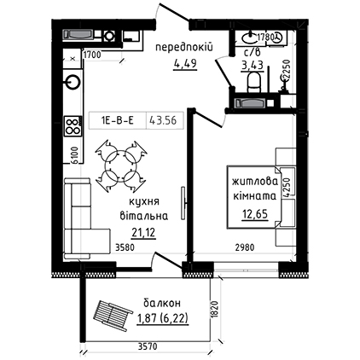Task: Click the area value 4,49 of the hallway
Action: coord(185,64)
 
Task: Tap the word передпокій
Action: coord(184,47)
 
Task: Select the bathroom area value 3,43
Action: coord(253,66)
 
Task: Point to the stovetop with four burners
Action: coord(73,126)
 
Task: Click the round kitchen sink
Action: coord(73,82)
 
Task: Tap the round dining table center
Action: coord(121,165)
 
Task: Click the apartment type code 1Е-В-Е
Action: coord(117,120)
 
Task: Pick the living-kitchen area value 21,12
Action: coord(143,233)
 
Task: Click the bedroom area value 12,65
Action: coord(255,214)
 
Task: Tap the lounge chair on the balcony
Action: coord(113,314)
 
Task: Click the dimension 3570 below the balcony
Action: coord(148,346)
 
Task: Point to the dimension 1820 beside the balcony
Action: coord(215,311)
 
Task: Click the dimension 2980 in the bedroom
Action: coord(245,247)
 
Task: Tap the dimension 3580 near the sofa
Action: coord(125,247)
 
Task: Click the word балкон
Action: coord(162,304)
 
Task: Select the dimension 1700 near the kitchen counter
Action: coord(91,55)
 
